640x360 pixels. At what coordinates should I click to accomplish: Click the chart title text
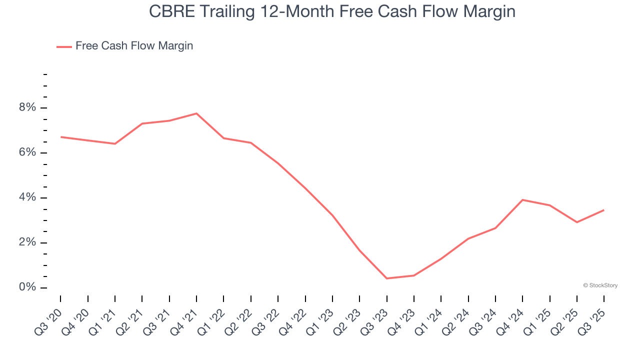tap(332, 11)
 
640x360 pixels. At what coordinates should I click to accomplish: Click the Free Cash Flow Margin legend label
tap(134, 46)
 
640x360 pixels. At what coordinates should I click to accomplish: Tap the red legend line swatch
tap(64, 46)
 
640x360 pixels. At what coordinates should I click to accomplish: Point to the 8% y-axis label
tap(27, 108)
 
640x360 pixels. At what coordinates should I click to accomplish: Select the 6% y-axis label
tap(27, 153)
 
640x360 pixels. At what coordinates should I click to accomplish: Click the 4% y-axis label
tap(27, 198)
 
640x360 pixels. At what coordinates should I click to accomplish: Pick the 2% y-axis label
tap(27, 243)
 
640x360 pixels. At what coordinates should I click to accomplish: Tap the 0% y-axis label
tap(27, 288)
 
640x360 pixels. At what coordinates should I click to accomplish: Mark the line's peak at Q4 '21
tap(196, 113)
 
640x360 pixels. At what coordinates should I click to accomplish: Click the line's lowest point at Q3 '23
tap(387, 278)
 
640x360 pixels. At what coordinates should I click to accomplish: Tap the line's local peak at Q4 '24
tap(522, 200)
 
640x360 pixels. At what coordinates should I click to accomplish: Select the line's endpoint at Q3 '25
tap(604, 210)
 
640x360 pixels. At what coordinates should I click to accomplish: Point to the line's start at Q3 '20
tap(60, 137)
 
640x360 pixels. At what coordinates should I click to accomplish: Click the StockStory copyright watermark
tap(600, 285)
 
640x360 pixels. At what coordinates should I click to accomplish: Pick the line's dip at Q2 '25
tap(577, 222)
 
